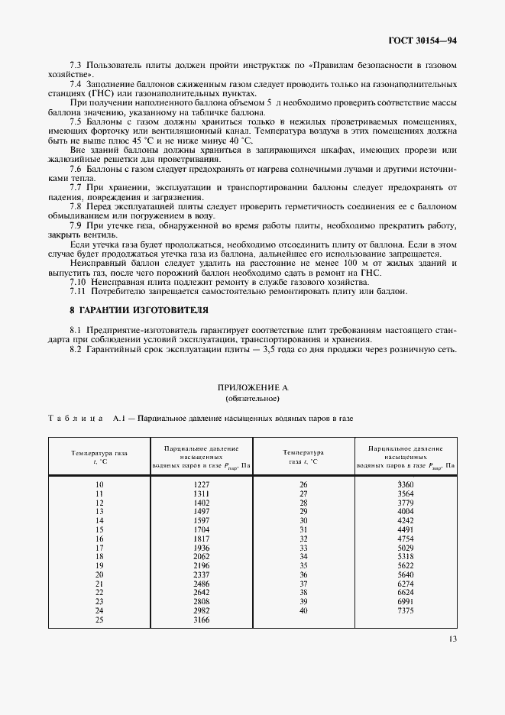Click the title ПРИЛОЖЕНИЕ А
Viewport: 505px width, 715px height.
coord(252,387)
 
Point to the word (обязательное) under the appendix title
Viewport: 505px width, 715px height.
coord(252,399)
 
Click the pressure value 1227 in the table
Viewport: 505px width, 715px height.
coord(202,485)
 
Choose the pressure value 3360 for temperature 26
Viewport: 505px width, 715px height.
coord(406,485)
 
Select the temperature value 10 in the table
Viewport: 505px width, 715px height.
coord(99,485)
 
